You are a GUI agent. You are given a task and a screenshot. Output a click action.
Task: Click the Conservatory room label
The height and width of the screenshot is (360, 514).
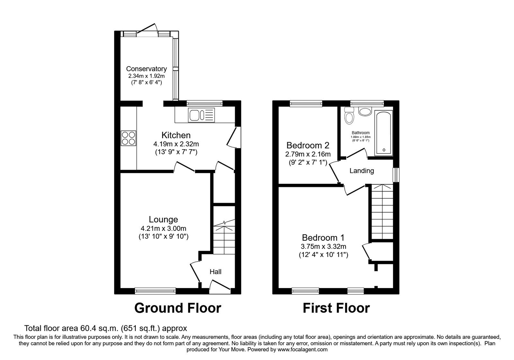(x=146, y=68)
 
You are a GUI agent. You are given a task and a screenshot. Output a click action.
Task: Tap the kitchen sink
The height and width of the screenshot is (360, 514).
(x=201, y=115)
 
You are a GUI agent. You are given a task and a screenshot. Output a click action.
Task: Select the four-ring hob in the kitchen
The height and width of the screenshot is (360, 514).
(x=128, y=138)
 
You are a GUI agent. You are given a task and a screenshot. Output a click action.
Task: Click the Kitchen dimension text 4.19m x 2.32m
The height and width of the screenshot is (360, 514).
(x=176, y=144)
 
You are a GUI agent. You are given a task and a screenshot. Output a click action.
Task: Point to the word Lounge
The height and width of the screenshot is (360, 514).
(x=163, y=220)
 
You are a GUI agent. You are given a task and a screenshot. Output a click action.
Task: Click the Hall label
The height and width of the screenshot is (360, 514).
(x=216, y=272)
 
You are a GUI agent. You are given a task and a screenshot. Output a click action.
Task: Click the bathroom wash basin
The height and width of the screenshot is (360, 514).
(x=365, y=112)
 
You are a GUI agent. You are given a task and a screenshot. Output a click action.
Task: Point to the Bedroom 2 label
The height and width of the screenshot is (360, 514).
(x=308, y=145)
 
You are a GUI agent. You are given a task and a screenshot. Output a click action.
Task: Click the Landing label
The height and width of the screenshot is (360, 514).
(x=362, y=171)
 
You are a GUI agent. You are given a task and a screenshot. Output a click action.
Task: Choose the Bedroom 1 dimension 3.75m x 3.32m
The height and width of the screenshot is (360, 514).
(x=323, y=247)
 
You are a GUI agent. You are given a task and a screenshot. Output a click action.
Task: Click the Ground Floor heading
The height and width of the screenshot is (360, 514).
(x=177, y=308)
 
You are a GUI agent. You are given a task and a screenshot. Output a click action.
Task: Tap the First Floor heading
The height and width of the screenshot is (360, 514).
(x=336, y=308)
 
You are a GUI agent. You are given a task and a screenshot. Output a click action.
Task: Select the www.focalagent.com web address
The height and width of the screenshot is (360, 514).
(x=302, y=349)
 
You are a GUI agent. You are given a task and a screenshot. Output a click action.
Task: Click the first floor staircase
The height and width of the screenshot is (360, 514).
(x=382, y=212)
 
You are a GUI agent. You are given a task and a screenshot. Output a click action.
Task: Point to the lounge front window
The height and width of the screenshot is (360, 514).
(x=155, y=291)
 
